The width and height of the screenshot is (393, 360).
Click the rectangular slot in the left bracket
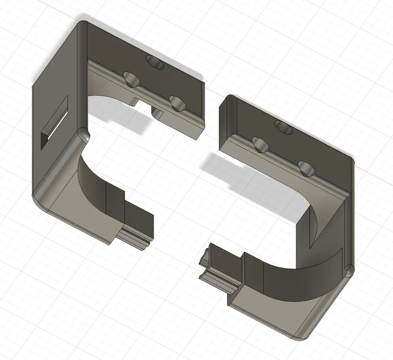(54, 123)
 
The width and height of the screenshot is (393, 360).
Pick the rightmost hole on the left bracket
(177, 103)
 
